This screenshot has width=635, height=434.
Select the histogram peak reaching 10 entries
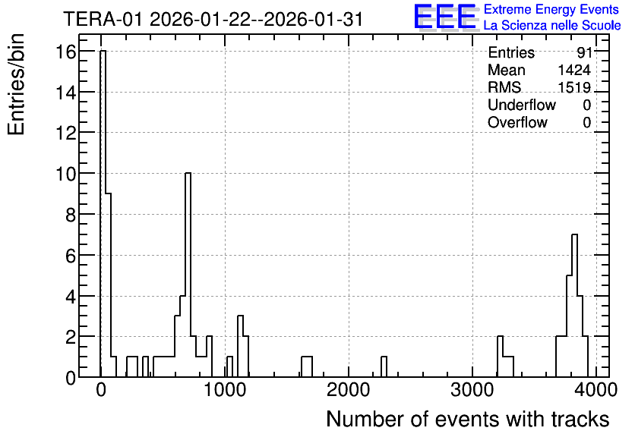[188, 275]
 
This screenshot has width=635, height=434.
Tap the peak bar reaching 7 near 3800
[574, 305]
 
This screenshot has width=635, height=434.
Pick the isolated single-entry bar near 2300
[384, 367]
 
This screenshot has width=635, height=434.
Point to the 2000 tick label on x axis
[349, 390]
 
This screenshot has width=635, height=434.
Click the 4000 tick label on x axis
[596, 390]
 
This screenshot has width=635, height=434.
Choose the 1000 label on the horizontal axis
[225, 390]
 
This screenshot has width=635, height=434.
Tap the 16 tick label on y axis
[66, 52]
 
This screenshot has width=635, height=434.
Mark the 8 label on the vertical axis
[71, 215]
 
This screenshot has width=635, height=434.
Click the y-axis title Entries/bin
[16, 85]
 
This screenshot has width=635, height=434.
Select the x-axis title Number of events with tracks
[468, 419]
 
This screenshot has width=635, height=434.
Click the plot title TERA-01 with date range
[213, 20]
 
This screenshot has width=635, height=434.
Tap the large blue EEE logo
[445, 17]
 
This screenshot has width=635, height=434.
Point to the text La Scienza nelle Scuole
[552, 26]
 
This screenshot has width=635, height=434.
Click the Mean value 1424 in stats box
[574, 70]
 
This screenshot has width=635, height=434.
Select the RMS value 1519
[574, 87]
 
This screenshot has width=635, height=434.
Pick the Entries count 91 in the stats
[584, 52]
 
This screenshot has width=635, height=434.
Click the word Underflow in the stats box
[522, 105]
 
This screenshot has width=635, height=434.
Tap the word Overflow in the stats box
[517, 122]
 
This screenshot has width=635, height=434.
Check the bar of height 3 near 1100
[240, 346]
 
